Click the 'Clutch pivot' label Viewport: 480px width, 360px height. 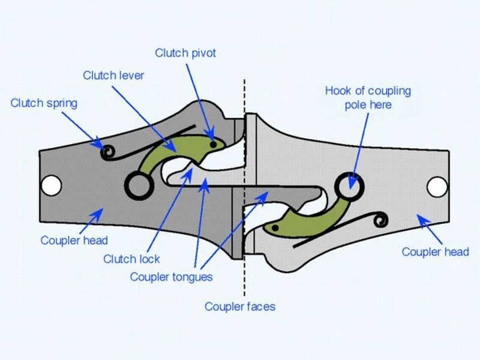pyautogui.click(x=185, y=53)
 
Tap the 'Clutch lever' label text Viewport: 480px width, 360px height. pyautogui.click(x=113, y=76)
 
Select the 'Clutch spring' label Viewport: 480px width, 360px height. pyautogui.click(x=44, y=103)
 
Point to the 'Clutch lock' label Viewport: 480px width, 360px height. pyautogui.click(x=131, y=259)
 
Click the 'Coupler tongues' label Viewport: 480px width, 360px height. pyautogui.click(x=171, y=277)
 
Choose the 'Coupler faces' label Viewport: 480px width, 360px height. pyautogui.click(x=240, y=307)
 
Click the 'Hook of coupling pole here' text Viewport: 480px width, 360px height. pyautogui.click(x=368, y=98)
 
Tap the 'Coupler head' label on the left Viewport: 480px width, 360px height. pyautogui.click(x=74, y=241)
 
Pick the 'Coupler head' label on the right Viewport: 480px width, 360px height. pyautogui.click(x=436, y=252)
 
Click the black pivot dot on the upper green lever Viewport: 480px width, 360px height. pyautogui.click(x=214, y=144)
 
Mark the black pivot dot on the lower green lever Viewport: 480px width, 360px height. pyautogui.click(x=275, y=228)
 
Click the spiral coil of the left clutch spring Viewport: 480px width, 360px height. pyautogui.click(x=108, y=152)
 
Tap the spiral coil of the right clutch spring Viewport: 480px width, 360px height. pyautogui.click(x=380, y=220)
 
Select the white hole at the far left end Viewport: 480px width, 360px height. pyautogui.click(x=51, y=185)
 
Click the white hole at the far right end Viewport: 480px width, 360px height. pyautogui.click(x=437, y=187)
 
